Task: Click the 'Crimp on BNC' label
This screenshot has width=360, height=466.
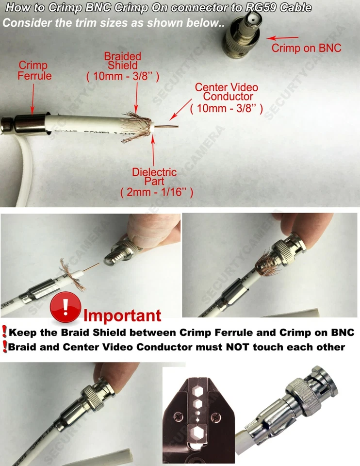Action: tap(306, 48)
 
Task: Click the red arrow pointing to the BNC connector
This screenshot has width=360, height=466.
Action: tap(283, 38)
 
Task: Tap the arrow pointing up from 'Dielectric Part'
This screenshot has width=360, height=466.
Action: tap(153, 150)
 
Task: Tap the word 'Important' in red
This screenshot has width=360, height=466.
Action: tap(122, 315)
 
